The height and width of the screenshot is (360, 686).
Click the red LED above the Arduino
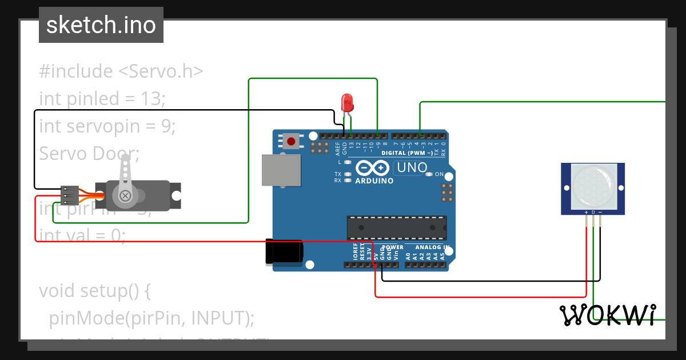(347, 103)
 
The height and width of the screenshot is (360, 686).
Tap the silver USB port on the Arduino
(281, 170)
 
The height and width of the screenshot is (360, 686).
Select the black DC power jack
(284, 251)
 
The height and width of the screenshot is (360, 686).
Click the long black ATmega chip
(397, 227)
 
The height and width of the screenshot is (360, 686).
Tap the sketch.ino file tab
(101, 25)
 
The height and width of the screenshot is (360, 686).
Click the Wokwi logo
(608, 315)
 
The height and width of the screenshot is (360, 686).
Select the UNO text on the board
(412, 168)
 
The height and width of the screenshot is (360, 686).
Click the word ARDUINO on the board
(374, 181)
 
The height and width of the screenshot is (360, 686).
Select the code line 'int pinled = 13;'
(102, 99)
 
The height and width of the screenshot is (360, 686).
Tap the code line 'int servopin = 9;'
(107, 126)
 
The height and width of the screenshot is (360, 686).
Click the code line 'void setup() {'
(95, 291)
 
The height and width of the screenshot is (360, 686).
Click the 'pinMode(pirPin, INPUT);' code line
(151, 318)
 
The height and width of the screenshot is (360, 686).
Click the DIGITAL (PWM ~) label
(407, 153)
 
